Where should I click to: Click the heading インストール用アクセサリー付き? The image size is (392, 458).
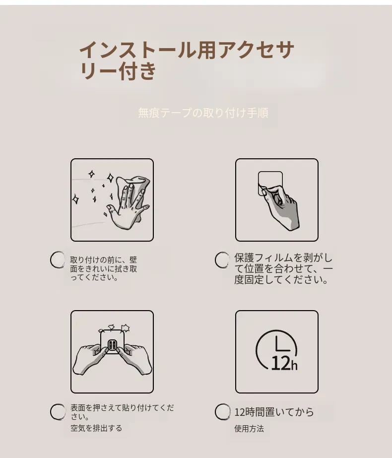pos(187,60)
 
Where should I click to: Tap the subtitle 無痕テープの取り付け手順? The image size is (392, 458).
pos(203,113)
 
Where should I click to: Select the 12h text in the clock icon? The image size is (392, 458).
pos(284,363)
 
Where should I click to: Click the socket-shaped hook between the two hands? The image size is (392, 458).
pos(112,345)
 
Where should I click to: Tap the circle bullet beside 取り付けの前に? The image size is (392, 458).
pos(58,260)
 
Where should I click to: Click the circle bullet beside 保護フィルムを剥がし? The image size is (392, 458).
pos(222,260)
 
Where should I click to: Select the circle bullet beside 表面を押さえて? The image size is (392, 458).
pos(58,412)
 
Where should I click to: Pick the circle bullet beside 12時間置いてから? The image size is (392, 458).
pos(223,412)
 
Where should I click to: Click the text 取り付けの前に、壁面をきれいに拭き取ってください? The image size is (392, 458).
pos(103,268)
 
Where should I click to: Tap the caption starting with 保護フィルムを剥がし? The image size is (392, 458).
pos(283,268)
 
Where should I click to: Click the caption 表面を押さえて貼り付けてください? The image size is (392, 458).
pos(122,412)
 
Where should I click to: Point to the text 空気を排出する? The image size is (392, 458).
pos(96,428)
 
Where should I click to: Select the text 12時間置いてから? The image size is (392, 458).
pos(274,412)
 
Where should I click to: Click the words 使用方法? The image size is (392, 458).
pos(249,429)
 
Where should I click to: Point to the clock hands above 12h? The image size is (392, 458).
pos(282,343)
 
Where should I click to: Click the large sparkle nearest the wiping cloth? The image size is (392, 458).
pos(110,178)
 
